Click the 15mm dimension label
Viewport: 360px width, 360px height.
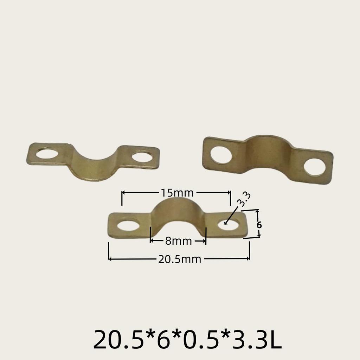(x=177, y=193)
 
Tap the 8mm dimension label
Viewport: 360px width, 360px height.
(x=178, y=241)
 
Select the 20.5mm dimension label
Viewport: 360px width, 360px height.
(x=179, y=259)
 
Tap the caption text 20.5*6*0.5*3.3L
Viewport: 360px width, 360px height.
(x=187, y=339)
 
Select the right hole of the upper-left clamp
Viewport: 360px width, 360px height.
(x=142, y=156)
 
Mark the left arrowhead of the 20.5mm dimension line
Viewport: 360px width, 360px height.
(x=110, y=259)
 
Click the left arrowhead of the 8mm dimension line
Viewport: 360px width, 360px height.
(x=152, y=241)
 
